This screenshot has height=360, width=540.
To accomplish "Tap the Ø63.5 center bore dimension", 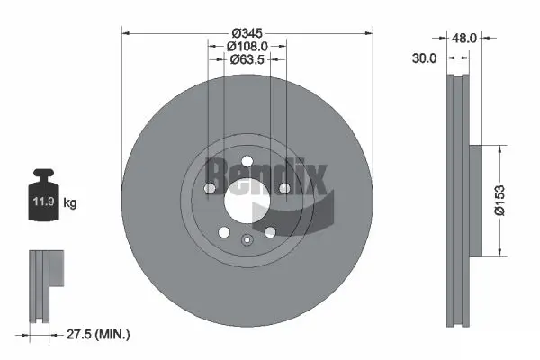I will click(x=247, y=60).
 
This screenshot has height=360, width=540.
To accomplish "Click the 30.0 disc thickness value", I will click(x=423, y=58).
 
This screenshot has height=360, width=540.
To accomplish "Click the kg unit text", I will click(x=70, y=203).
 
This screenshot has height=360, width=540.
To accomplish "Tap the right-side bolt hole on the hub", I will click(x=283, y=188).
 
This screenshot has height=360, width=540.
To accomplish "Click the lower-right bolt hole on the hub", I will click(x=269, y=233).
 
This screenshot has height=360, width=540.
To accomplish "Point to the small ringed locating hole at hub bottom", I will click(x=246, y=239).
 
